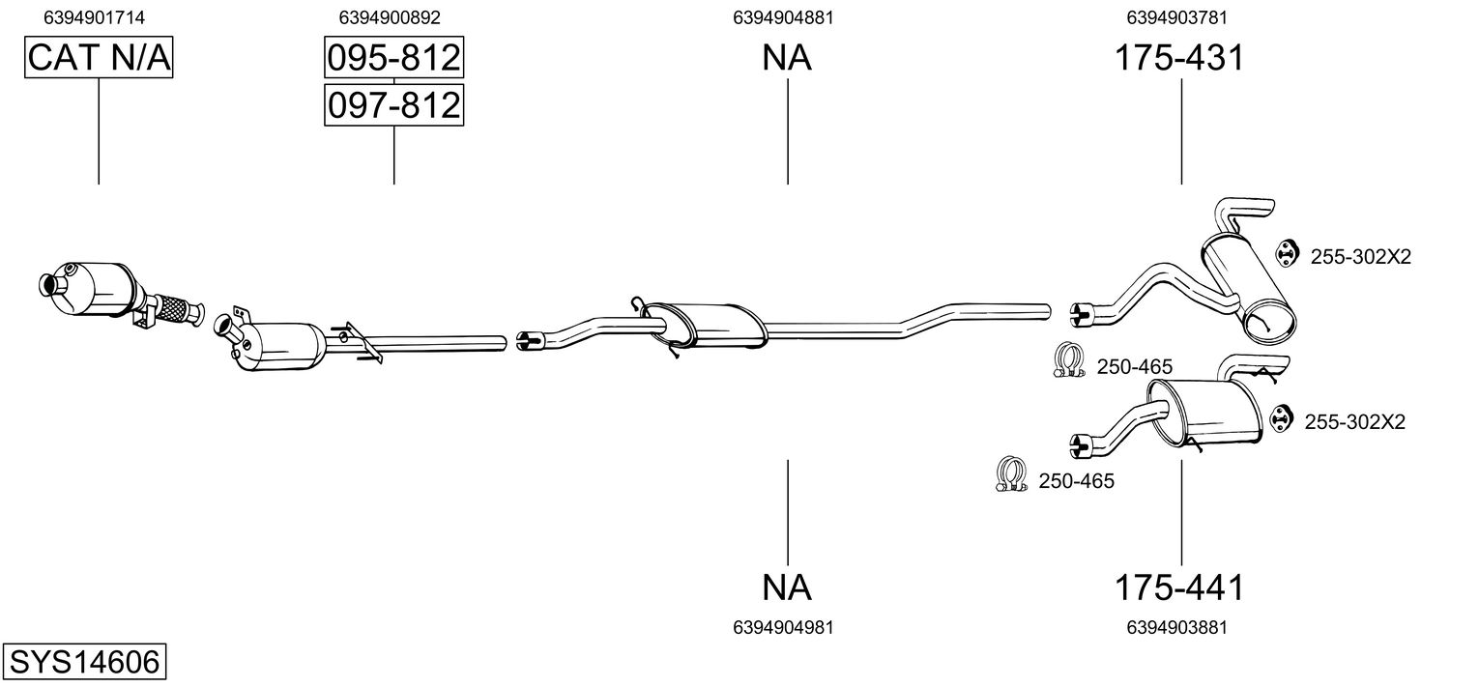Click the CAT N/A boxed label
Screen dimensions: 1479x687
pos(99,59)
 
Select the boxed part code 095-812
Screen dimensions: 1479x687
pos(393,59)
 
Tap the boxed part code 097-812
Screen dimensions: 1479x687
pos(393,104)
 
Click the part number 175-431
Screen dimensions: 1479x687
pos(1179,59)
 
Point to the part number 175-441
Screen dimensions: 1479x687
pos(1179,587)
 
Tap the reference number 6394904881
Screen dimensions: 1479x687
pos(783,17)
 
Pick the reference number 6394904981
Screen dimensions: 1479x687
pos(783,627)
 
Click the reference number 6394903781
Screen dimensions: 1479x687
pos(1176,17)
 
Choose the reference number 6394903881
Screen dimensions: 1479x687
pos(1176,627)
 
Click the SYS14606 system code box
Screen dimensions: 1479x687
pos(83,663)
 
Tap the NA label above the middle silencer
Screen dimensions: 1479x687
pos(787,59)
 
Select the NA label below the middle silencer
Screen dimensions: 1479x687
pos(787,587)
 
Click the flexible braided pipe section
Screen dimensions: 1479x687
pos(171,308)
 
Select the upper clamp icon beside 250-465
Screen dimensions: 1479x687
pos(1066,360)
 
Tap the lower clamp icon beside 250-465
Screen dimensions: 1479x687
pos(1010,473)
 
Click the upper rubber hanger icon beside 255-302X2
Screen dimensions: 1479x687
pos(1285,253)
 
